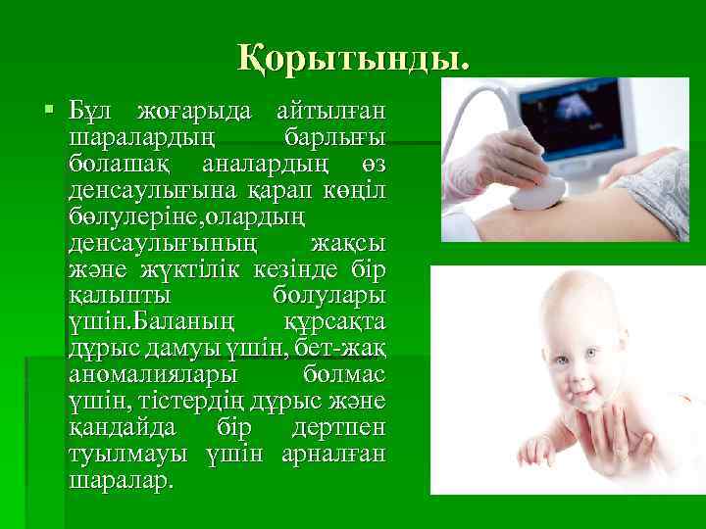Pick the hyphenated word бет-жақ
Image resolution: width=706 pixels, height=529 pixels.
[x=343, y=349]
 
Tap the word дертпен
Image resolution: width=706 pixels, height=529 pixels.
[x=338, y=429]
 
